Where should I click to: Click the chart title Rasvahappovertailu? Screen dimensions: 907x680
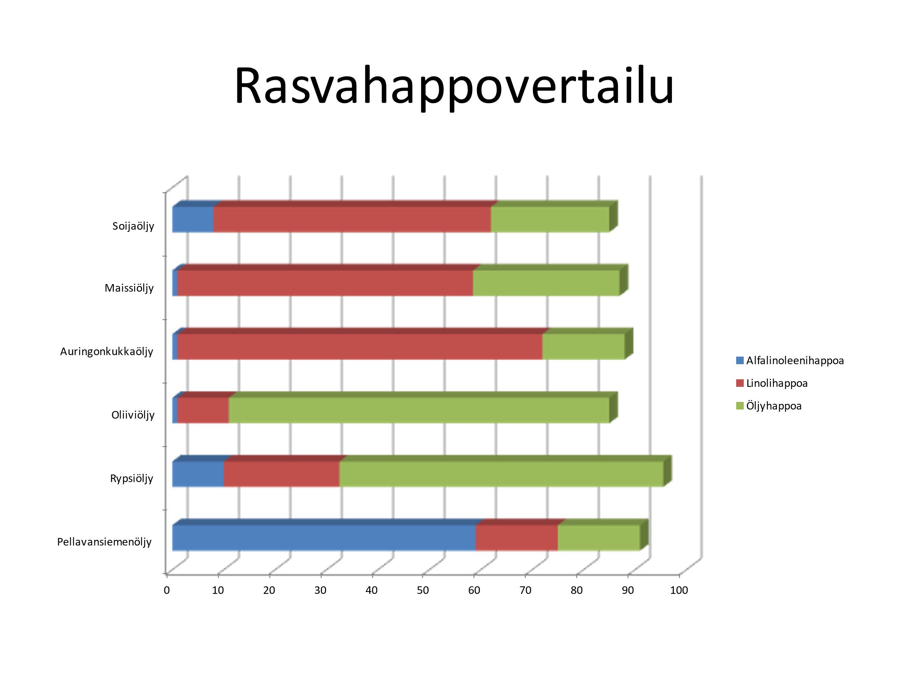(454, 87)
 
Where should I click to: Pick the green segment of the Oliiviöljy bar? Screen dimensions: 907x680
(419, 410)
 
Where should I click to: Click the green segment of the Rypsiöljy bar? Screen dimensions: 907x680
(501, 474)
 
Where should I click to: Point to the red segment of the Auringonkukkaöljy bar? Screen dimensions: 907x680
(360, 347)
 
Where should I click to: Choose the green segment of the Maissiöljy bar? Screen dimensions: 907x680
(546, 283)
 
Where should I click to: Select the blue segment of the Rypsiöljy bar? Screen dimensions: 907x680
(198, 474)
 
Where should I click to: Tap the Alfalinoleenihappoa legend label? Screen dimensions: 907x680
(795, 361)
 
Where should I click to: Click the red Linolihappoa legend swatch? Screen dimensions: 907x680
(740, 383)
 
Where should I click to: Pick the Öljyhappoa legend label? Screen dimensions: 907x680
(774, 406)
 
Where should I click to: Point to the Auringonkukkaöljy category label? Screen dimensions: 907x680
(107, 351)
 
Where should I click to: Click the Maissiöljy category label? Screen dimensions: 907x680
(129, 288)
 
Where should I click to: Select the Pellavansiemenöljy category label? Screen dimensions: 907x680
(105, 542)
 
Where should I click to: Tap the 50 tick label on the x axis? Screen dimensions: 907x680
(423, 590)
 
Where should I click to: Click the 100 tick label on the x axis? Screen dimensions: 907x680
(679, 590)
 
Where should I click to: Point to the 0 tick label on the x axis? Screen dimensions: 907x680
(167, 590)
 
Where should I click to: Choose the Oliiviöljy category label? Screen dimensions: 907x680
(133, 415)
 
